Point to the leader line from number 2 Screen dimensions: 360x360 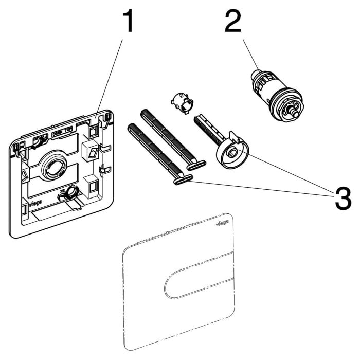[x=246, y=54]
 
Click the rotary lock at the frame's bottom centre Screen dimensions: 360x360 [x=68, y=194]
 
